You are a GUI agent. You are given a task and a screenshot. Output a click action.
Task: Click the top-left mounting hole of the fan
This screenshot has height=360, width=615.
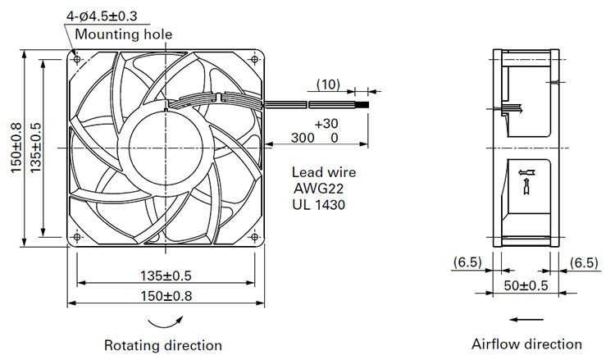point(77,60)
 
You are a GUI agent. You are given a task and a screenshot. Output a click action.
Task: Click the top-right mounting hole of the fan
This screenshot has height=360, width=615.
point(254,60)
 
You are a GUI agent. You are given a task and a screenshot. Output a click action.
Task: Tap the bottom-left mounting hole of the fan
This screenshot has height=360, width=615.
point(77,237)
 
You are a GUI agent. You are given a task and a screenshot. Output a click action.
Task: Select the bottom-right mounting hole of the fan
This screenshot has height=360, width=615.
point(254,237)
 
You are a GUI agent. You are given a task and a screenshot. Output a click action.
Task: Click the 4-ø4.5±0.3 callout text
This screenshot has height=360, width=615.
point(102,16)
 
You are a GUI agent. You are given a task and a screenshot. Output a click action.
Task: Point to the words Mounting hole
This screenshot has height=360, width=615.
point(124,34)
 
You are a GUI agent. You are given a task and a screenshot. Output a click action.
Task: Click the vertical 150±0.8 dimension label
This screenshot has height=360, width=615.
point(16,148)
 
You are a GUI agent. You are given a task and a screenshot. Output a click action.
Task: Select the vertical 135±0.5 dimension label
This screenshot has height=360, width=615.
point(35,148)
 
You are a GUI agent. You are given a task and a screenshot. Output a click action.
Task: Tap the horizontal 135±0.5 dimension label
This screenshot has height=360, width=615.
point(166,276)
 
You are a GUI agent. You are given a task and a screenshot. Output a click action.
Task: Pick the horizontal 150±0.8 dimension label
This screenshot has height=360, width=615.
point(166,296)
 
